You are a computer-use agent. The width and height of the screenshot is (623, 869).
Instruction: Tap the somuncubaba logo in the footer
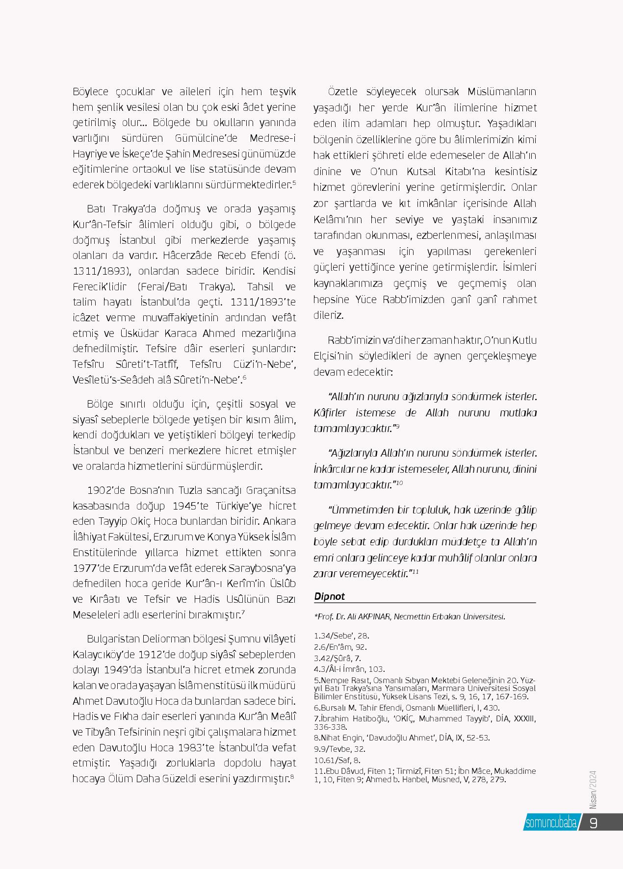(550, 823)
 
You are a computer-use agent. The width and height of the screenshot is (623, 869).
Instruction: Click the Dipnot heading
(329, 596)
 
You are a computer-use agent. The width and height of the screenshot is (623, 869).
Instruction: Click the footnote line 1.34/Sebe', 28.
(341, 636)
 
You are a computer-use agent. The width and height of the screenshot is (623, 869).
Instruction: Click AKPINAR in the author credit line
(375, 617)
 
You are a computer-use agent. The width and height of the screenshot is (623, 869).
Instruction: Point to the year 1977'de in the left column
(90, 568)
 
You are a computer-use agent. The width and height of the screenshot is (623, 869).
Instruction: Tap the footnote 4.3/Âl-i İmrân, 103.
(349, 669)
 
